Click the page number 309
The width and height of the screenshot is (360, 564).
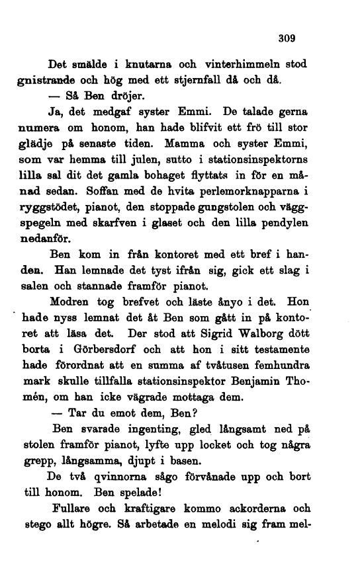pyautogui.click(x=286, y=38)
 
